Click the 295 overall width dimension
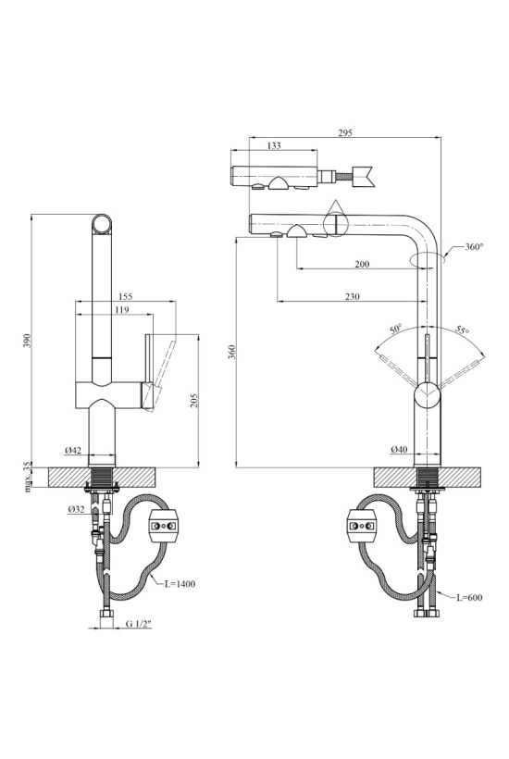pyautogui.click(x=345, y=133)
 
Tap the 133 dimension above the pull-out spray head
pyautogui.click(x=274, y=145)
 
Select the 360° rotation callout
pyautogui.click(x=474, y=247)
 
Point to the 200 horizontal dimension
pyautogui.click(x=362, y=264)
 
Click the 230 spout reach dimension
pyautogui.click(x=353, y=297)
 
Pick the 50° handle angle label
pyautogui.click(x=396, y=330)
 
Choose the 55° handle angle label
pyautogui.click(x=462, y=330)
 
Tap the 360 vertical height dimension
pyautogui.click(x=231, y=352)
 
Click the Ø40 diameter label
pyautogui.click(x=399, y=450)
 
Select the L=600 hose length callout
pyautogui.click(x=469, y=598)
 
